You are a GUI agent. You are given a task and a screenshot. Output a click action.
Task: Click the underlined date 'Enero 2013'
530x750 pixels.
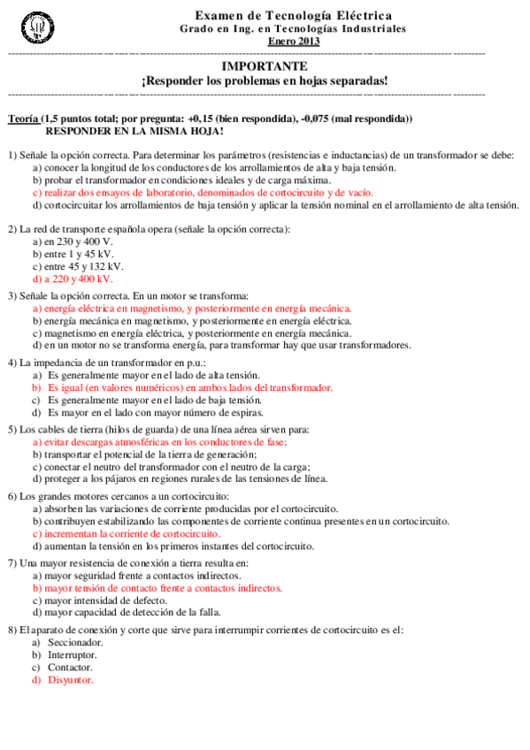[293, 41]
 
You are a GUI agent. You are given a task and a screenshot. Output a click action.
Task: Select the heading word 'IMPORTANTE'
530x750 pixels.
[264, 66]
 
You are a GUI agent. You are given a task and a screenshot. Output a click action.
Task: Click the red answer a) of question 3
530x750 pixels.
[191, 309]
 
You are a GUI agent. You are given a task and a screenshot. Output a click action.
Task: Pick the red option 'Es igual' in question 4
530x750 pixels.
[189, 387]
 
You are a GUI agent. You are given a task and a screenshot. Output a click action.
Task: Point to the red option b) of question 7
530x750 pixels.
[157, 586]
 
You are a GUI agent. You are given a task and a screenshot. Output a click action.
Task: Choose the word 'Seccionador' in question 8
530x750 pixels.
[75, 642]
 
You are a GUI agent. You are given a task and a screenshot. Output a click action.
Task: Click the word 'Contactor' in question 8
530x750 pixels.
[70, 668]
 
